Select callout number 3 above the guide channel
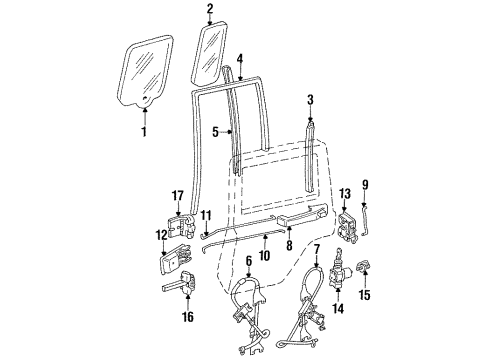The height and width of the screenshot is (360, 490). pos(311,100)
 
